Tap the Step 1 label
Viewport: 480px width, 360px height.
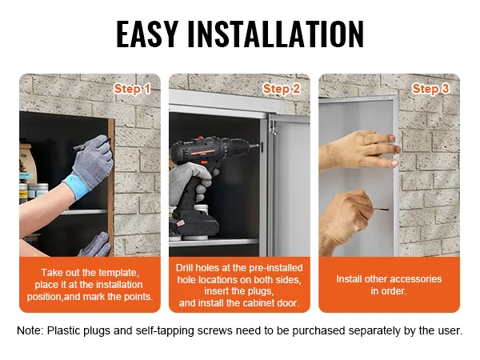pos(132,89)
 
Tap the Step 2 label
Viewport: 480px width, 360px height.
pos(281,89)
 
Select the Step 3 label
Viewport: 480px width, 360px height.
pos(430,89)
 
